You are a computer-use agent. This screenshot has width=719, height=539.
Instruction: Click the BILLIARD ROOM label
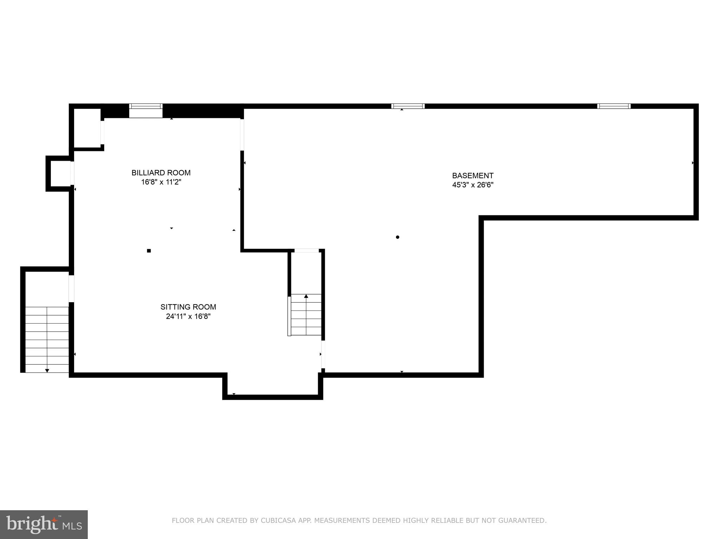[161, 173]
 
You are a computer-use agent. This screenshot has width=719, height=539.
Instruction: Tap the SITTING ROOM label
[188, 307]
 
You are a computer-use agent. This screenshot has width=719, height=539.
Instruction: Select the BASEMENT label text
[473, 175]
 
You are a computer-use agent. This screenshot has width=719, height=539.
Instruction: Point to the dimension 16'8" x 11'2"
[161, 182]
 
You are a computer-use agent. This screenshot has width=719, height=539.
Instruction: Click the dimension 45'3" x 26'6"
[473, 185]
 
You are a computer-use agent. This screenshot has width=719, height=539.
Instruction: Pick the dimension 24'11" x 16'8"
[188, 317]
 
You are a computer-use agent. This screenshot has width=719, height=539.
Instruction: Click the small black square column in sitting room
[149, 251]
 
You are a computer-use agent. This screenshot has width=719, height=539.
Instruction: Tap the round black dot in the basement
[397, 237]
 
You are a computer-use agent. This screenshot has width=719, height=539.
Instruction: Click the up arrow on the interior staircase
[306, 297]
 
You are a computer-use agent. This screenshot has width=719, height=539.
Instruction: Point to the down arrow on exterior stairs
[47, 370]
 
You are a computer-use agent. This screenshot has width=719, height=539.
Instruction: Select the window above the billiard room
[146, 106]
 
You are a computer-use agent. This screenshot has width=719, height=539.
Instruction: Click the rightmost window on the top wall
[614, 106]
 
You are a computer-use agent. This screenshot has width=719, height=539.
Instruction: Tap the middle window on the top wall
[408, 106]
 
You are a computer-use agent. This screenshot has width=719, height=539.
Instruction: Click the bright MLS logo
[44, 525]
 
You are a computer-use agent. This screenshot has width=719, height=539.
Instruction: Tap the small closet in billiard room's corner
[87, 128]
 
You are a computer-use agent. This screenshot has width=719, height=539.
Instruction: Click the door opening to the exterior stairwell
[71, 288]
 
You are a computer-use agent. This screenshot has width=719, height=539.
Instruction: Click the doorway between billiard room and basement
[242, 135]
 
